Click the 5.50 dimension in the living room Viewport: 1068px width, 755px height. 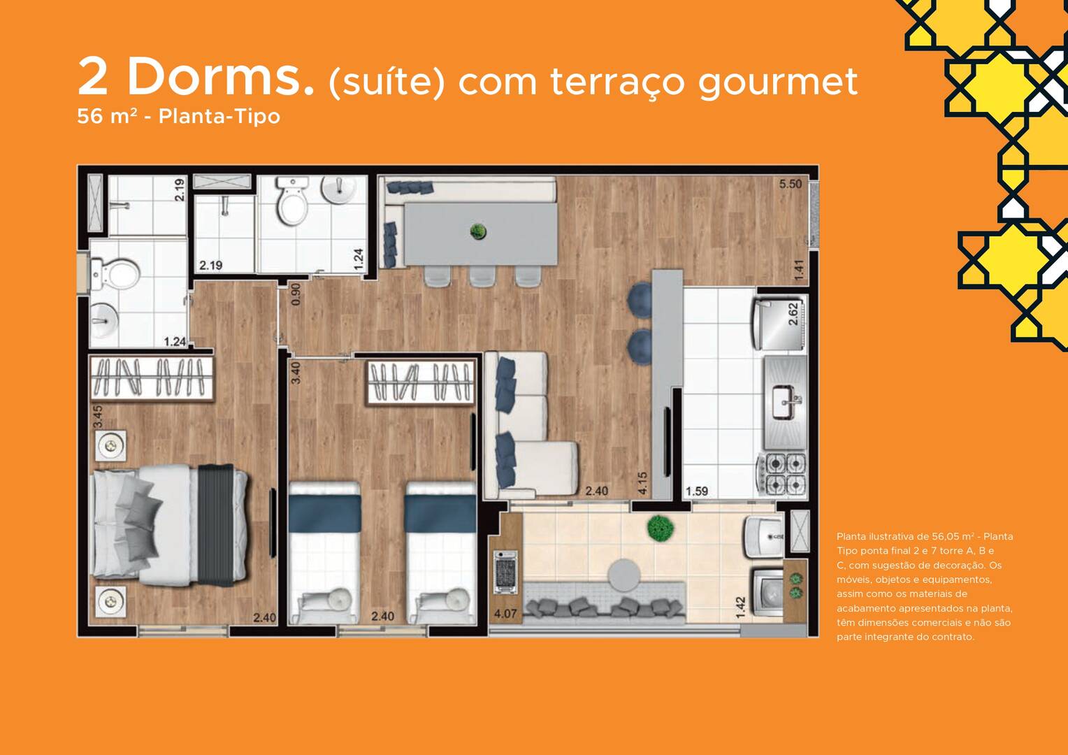(x=791, y=184)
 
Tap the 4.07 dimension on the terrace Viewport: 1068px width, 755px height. (x=505, y=614)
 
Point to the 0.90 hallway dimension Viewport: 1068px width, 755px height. (x=296, y=295)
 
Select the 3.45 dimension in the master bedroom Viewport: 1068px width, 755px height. (x=98, y=417)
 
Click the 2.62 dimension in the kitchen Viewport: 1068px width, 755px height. (x=793, y=315)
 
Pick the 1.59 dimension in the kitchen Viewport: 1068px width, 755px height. (x=697, y=491)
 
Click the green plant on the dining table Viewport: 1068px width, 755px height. (x=478, y=232)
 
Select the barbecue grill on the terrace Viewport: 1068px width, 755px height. (x=505, y=572)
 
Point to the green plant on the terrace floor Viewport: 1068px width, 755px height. (x=661, y=528)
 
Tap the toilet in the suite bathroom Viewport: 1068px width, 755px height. (x=115, y=275)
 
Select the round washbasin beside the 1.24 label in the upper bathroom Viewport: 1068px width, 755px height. (x=338, y=189)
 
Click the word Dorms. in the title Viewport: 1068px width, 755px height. (x=220, y=76)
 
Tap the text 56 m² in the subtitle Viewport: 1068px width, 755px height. (x=107, y=116)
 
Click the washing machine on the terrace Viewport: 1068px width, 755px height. (x=767, y=591)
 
